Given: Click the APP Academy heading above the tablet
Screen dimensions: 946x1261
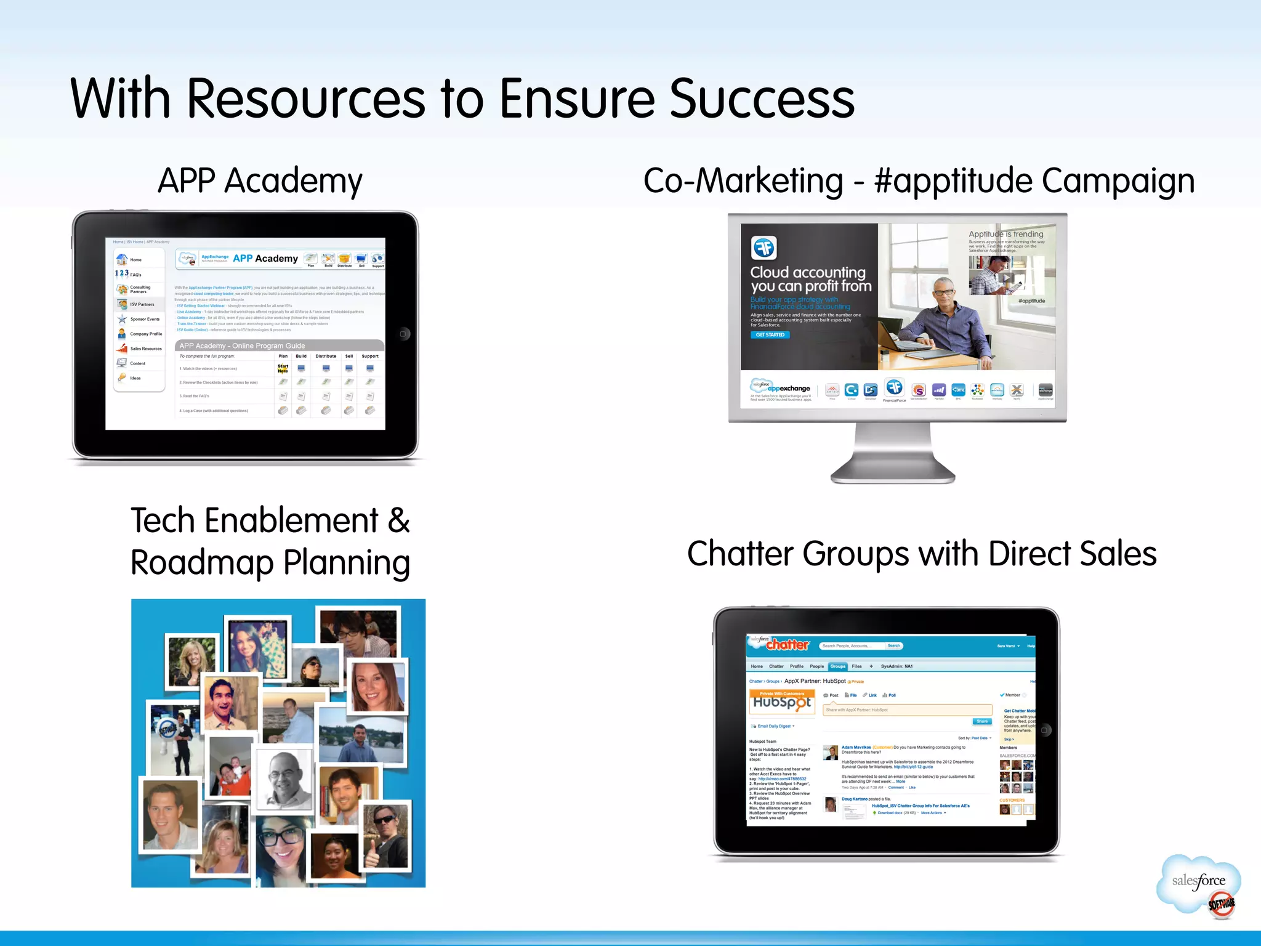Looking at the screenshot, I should point(260,181).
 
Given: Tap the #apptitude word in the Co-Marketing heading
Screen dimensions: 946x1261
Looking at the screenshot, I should point(953,181).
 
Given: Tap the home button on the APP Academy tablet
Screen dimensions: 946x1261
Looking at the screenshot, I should point(403,334).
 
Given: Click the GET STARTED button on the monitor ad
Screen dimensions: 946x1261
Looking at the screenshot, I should point(770,335).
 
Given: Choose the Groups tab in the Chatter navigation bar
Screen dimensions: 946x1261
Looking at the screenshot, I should point(837,666).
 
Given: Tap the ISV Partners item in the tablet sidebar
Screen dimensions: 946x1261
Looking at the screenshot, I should point(142,304).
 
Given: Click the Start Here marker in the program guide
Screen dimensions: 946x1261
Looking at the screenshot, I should point(283,368).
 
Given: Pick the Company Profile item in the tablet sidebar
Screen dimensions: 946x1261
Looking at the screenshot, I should point(145,334).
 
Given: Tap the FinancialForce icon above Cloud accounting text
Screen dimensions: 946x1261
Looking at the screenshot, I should point(764,248).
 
